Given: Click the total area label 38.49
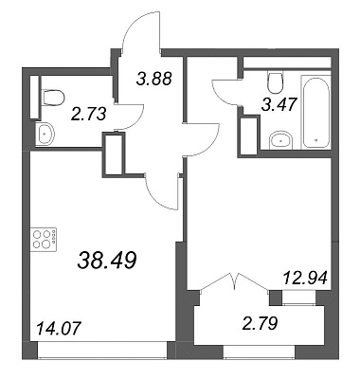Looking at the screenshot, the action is coord(107,261).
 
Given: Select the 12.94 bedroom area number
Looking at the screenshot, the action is coord(305,279).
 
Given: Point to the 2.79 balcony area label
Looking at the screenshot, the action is coord(260,324).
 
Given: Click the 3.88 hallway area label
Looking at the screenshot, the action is coord(154,79).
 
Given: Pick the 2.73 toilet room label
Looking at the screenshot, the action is coord(88,114).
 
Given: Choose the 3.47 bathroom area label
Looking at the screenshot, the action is coord(279,104).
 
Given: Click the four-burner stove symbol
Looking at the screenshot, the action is coord(44,240).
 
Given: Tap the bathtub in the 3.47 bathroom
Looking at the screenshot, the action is coord(316,112).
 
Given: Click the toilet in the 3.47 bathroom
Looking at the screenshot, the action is coord(276,82).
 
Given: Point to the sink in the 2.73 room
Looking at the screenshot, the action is coord(45,134).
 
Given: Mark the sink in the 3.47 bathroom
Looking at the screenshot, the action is coord(281,139).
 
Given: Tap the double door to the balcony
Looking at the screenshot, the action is coord(234,281).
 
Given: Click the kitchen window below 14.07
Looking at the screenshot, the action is coord(102,350).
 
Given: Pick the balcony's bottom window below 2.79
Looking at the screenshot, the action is coord(260,352).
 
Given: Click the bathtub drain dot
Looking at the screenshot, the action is coord(316,140).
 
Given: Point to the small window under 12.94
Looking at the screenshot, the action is coord(298,298).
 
